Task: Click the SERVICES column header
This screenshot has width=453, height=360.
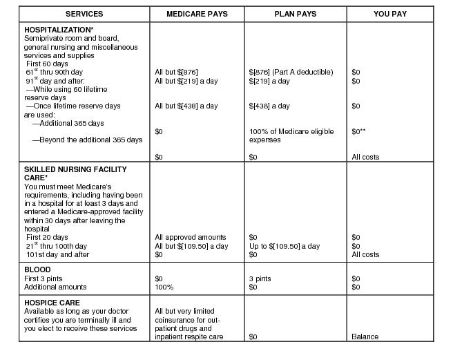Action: tap(84, 14)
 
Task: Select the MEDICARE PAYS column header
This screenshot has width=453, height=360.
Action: tap(197, 14)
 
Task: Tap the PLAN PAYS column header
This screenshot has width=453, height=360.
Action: tap(295, 14)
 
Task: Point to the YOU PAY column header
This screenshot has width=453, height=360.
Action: tap(390, 14)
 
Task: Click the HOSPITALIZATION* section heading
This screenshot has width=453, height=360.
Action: tap(59, 30)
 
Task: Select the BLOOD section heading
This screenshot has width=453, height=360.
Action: tap(37, 270)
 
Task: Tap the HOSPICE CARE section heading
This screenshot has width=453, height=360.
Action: tap(52, 303)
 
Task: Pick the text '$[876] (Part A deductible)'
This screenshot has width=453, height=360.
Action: tap(291, 73)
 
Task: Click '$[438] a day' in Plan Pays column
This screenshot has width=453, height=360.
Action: tap(269, 106)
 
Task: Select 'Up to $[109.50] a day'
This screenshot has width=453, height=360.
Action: tap(285, 247)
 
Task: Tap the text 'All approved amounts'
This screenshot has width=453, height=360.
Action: tap(191, 238)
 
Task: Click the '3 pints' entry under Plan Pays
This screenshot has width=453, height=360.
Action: tap(260, 278)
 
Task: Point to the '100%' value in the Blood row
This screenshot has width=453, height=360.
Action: tap(164, 287)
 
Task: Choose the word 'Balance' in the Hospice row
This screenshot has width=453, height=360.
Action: tap(365, 337)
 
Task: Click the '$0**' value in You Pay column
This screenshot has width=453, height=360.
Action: tap(358, 131)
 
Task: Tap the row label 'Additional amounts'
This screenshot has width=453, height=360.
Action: tap(55, 287)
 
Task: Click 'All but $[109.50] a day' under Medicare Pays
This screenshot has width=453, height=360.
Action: tap(191, 247)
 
